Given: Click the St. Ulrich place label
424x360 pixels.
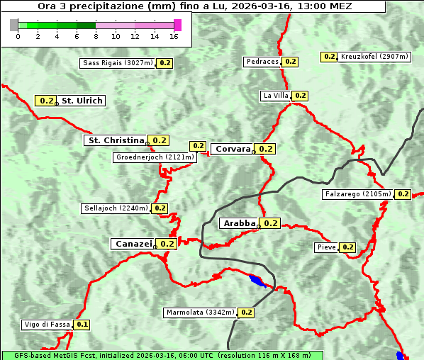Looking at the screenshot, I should pos(82,101).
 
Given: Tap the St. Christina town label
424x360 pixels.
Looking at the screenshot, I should pos(115,140).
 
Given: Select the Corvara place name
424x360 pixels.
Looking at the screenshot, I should pos(233,149).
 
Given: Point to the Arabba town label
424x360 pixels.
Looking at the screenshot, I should pos(239,223).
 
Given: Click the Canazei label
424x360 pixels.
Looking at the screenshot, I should pos(133,244).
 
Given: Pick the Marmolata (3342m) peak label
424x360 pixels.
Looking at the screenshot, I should pos(199,312).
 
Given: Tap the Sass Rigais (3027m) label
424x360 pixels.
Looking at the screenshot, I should pos(118,63).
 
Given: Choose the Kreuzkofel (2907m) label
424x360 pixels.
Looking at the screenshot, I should pos(374,57).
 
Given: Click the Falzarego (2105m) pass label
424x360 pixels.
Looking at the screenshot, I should pos(357,194).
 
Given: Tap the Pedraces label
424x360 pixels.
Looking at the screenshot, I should pos(262,62).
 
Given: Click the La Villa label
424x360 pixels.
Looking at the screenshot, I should pos(275,96).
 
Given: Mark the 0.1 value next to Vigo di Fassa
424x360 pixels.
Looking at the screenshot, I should pos(82,325).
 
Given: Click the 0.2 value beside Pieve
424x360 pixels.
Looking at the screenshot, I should pos(347,247).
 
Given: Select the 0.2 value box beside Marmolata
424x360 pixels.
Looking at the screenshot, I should pos(246,312).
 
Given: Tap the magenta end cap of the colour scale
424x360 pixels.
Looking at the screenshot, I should pos(177,25).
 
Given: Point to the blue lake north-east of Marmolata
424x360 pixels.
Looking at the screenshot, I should pos(256,281).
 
